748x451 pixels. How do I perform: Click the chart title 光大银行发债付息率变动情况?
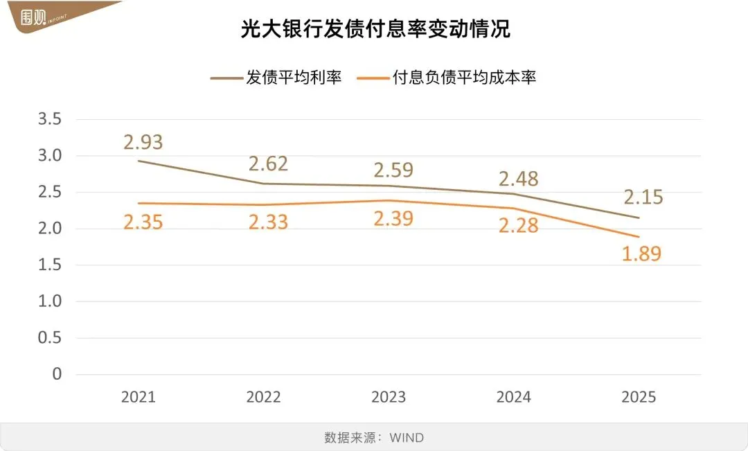[375, 29]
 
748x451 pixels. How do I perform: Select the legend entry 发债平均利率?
[278, 78]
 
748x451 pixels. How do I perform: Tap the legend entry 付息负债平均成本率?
[449, 78]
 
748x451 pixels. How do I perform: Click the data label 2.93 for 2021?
[143, 142]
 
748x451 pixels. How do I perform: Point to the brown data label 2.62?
[267, 164]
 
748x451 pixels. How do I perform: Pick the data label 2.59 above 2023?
[393, 169]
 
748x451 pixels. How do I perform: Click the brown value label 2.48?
[518, 178]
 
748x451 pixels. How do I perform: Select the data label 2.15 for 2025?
[643, 197]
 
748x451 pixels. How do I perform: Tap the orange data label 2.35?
[143, 222]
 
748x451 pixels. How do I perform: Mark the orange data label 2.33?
[267, 222]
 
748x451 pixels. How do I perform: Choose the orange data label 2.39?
[393, 219]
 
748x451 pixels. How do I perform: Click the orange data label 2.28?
[518, 225]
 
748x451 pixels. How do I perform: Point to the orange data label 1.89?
[641, 254]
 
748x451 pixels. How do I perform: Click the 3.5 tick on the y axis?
[49, 119]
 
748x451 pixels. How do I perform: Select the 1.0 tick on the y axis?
[49, 301]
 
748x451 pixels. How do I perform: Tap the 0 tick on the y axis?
[57, 374]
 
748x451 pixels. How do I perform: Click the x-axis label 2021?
[139, 398]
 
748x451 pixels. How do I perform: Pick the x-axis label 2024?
[513, 398]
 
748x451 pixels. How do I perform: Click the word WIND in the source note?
[407, 438]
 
